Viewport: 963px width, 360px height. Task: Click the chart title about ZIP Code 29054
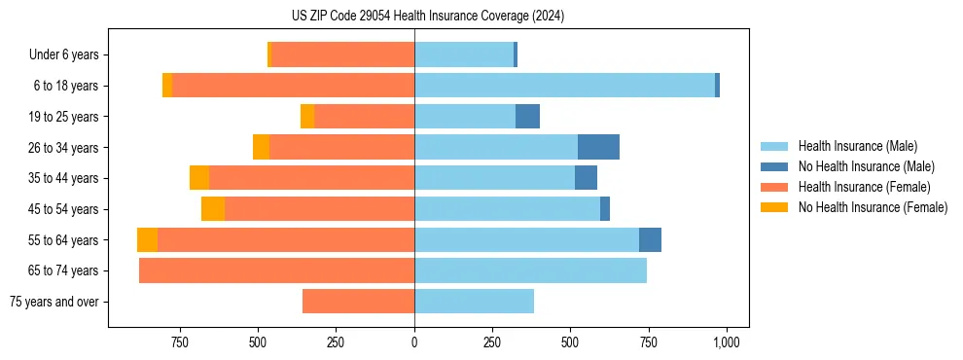[x=428, y=16]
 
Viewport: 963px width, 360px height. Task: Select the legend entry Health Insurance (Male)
[x=857, y=146]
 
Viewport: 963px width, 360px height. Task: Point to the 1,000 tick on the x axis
[x=726, y=342]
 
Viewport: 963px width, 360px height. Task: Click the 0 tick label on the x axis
[x=414, y=342]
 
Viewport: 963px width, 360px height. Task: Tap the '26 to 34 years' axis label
[x=66, y=147]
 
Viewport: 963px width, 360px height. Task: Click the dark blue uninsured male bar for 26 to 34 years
[x=598, y=147]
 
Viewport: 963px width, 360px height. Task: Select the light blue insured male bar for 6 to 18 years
[x=564, y=86]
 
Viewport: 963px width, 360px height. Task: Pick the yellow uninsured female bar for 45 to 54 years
[x=213, y=209]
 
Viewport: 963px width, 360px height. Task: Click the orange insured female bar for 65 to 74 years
[x=276, y=270]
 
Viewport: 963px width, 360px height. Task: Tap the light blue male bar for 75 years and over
[x=474, y=302]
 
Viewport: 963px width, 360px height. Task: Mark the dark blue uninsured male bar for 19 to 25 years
[x=527, y=117]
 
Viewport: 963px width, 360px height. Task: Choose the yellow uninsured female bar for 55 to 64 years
[x=147, y=240]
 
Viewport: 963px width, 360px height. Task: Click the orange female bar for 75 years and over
[x=358, y=302]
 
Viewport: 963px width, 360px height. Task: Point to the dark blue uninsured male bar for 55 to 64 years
[x=650, y=240]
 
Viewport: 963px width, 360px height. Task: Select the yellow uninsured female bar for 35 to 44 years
[x=199, y=178]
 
